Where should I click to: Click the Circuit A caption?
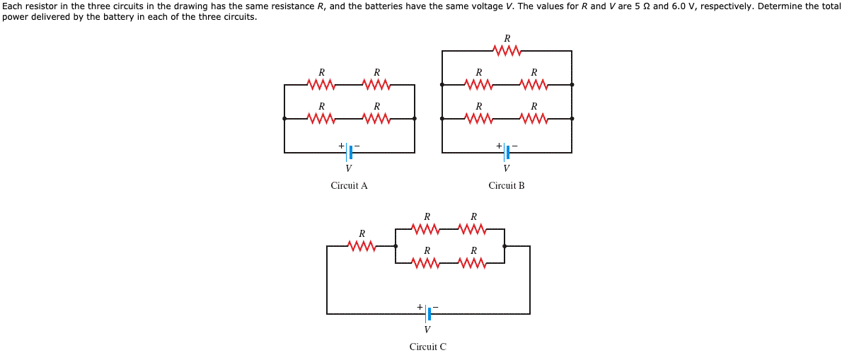[x=349, y=186]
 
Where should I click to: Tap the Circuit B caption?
[x=507, y=186]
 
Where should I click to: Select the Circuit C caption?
[x=427, y=347]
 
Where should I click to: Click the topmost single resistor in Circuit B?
[x=507, y=51]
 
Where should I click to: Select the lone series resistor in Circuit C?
[x=362, y=246]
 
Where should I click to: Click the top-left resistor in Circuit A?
[x=321, y=85]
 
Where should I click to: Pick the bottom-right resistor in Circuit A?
[x=376, y=118]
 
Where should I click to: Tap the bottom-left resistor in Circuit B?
[x=479, y=118]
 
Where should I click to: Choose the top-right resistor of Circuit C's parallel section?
[x=473, y=229]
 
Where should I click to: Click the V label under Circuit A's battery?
[x=348, y=168]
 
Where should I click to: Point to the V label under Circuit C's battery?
[x=427, y=330]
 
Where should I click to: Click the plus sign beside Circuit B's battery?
[x=498, y=146]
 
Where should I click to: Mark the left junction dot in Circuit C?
[x=396, y=246]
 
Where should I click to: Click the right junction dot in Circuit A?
[x=415, y=118]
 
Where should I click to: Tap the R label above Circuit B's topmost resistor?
[x=507, y=38]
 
